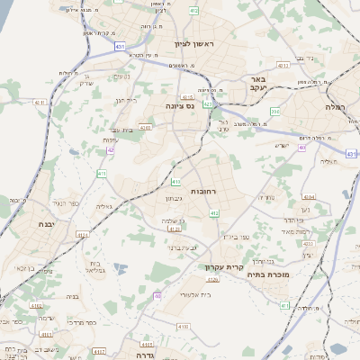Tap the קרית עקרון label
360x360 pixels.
[x=225, y=267]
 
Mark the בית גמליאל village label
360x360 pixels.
[x=95, y=266]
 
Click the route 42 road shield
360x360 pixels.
[x=111, y=150]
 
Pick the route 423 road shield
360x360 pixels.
[x=208, y=103]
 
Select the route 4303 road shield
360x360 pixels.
[x=145, y=129]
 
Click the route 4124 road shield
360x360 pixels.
[x=83, y=234]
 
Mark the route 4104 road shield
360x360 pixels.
[x=309, y=195]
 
